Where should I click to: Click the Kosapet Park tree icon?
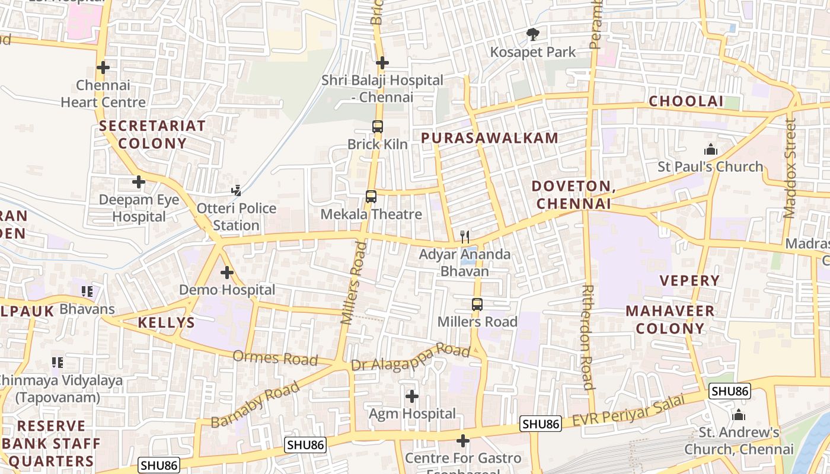click(x=533, y=35)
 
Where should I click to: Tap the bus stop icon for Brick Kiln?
click(x=378, y=127)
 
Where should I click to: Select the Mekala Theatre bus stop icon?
click(x=371, y=197)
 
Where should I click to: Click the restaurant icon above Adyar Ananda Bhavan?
click(x=465, y=237)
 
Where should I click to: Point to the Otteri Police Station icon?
click(x=237, y=191)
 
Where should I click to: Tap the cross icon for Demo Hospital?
click(x=227, y=273)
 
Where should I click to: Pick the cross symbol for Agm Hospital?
click(x=412, y=396)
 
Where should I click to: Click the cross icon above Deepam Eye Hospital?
click(x=139, y=182)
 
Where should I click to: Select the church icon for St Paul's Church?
click(x=710, y=149)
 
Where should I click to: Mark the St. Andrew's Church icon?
click(x=739, y=415)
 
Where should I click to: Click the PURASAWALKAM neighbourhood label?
click(x=490, y=138)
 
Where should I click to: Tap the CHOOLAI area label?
click(x=686, y=101)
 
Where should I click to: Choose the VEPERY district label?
click(x=689, y=280)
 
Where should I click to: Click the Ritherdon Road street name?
click(x=588, y=337)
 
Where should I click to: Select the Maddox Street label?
click(x=789, y=168)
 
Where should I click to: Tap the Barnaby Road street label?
click(x=256, y=405)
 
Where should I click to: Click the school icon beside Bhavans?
click(x=87, y=292)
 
